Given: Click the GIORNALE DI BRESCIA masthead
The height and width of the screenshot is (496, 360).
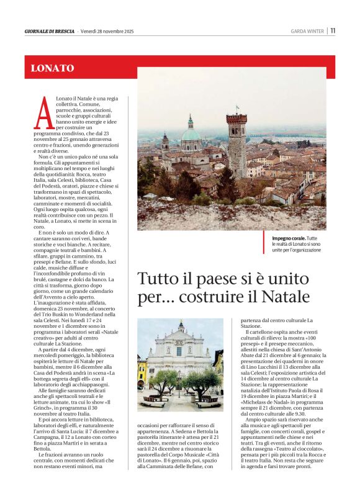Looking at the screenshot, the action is point(50,31).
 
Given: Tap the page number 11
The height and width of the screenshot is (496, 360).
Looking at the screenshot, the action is point(333,30).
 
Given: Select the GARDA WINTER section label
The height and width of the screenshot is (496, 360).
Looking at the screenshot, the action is point(307,31).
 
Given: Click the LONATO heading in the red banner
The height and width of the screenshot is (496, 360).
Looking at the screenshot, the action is point(52,68).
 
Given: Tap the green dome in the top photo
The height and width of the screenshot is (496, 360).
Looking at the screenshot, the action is point(191,133).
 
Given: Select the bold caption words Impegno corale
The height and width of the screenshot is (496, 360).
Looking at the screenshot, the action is point(289,238).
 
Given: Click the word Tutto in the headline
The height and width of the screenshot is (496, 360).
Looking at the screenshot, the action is point(156,278).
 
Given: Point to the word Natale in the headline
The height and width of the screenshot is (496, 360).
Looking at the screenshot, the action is point(288,297).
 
